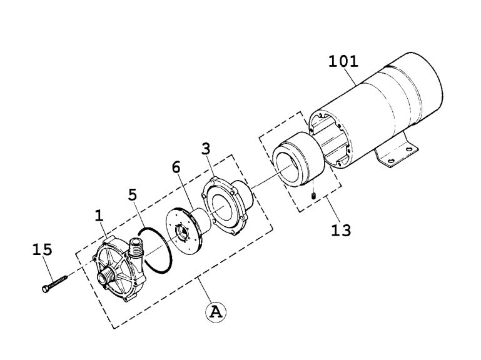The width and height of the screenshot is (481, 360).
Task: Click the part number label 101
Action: pyautogui.click(x=343, y=61)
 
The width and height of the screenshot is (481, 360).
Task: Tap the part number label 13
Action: pyautogui.click(x=342, y=229)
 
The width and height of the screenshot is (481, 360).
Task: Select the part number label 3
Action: pyautogui.click(x=206, y=149)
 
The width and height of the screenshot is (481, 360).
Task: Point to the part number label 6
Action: pyautogui.click(x=176, y=167)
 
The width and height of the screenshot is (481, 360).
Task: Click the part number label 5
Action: pyautogui.click(x=132, y=194)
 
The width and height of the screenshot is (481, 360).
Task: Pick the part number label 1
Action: pyautogui.click(x=98, y=216)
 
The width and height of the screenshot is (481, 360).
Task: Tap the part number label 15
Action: pyautogui.click(x=43, y=250)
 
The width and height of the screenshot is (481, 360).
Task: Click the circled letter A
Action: pyautogui.click(x=215, y=312)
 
